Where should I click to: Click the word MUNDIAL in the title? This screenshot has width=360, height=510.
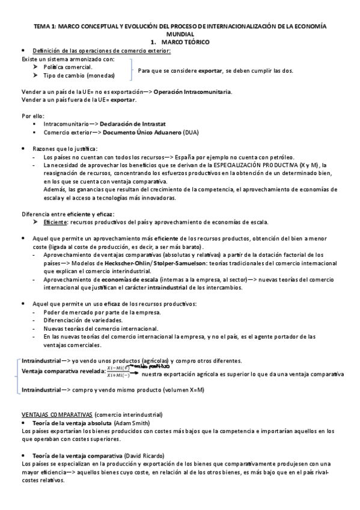point(180,35)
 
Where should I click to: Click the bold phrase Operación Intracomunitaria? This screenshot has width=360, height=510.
point(192,91)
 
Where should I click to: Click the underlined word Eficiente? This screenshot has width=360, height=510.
point(55,222)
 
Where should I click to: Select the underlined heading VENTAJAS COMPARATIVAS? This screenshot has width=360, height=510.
point(56,415)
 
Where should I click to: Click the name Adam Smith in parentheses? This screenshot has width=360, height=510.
point(135,423)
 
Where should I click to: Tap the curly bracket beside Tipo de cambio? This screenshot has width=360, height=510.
point(130,71)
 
